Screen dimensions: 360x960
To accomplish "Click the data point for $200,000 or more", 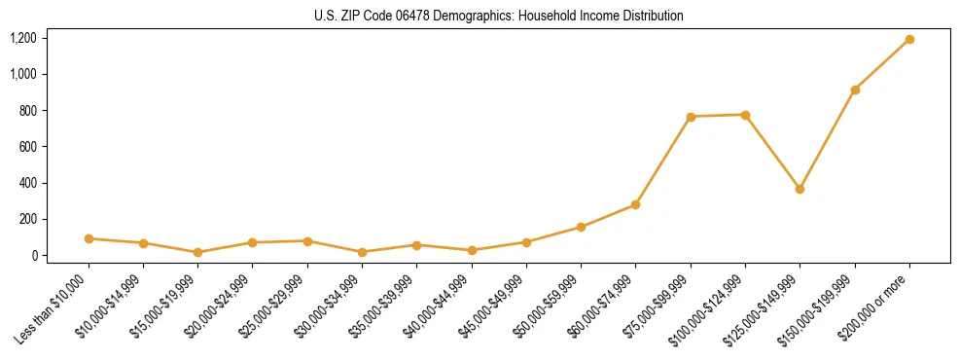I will [909, 40].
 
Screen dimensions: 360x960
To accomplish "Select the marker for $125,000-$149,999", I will [800, 189].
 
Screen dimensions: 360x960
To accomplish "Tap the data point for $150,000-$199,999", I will [855, 90].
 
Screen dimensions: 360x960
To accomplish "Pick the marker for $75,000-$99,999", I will [691, 117].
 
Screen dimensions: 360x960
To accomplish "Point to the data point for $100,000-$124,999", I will [745, 115].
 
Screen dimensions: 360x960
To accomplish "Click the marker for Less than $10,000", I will [89, 238].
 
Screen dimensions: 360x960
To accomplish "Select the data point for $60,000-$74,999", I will [635, 204].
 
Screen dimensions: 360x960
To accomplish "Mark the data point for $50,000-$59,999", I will [581, 227].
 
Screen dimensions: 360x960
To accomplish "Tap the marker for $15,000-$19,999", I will [198, 252].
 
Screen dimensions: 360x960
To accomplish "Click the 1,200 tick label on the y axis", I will [23, 38].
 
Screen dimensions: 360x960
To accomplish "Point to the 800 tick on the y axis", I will [28, 111].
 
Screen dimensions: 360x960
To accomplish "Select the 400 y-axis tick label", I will [28, 183].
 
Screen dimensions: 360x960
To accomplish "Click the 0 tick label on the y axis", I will [34, 256].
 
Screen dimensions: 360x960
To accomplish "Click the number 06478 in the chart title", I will [397, 17].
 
